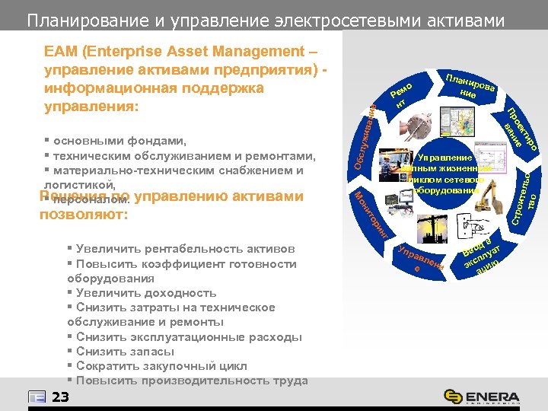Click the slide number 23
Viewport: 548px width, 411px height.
(x=61, y=397)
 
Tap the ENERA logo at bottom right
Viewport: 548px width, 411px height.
(x=483, y=397)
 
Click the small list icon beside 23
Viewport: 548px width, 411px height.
(x=37, y=397)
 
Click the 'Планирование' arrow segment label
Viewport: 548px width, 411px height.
(x=470, y=88)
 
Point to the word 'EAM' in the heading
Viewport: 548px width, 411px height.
(x=59, y=52)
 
